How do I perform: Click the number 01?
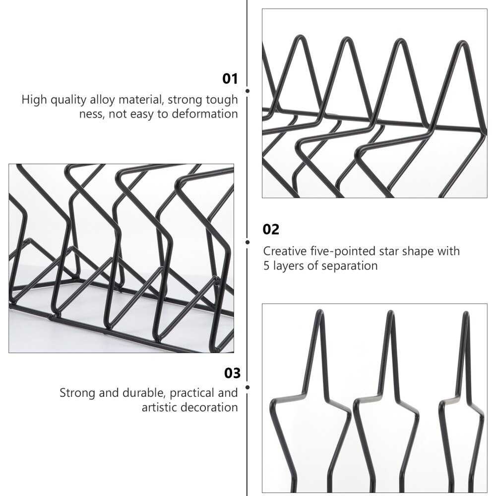pyautogui.click(x=230, y=79)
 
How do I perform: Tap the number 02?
pyautogui.click(x=271, y=229)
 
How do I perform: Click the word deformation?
pyautogui.click(x=205, y=114)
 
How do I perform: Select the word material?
pyautogui.click(x=139, y=100)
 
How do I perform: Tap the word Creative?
pyautogui.click(x=284, y=251)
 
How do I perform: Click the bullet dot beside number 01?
pyautogui.click(x=248, y=91)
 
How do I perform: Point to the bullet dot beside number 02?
pyautogui.click(x=248, y=242)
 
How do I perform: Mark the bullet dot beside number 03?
pyautogui.click(x=248, y=386)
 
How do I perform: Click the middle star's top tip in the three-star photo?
pyautogui.click(x=390, y=313)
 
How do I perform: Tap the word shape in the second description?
pyautogui.click(x=419, y=251)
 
